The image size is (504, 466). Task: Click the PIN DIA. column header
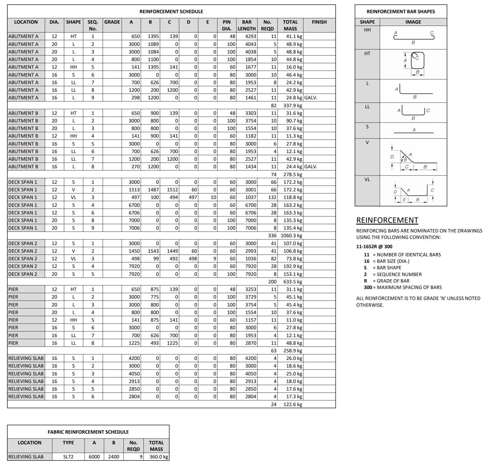(x=227, y=25)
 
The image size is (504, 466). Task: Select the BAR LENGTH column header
(x=247, y=25)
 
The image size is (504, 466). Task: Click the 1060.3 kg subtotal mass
(x=291, y=236)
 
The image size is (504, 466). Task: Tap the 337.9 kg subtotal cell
(x=292, y=106)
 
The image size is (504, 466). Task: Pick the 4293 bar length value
(x=250, y=36)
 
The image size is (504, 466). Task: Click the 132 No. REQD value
(x=272, y=197)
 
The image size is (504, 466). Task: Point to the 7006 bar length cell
(x=250, y=228)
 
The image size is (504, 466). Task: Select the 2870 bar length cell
(x=250, y=343)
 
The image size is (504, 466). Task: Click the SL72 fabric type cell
(x=68, y=456)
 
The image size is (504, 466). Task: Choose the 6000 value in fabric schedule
(x=94, y=456)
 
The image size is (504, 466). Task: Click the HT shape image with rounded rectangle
(x=417, y=61)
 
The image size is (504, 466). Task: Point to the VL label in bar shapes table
(x=367, y=180)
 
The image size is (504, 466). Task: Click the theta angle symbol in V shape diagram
(x=405, y=160)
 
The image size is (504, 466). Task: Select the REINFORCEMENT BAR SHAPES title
(x=401, y=12)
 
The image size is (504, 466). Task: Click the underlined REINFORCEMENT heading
(x=387, y=220)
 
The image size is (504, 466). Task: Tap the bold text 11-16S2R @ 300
(x=374, y=247)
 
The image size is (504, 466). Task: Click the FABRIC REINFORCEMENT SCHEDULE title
(x=88, y=432)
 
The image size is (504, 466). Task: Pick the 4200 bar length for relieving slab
(x=250, y=358)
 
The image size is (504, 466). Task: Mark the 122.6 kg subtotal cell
(x=292, y=404)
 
